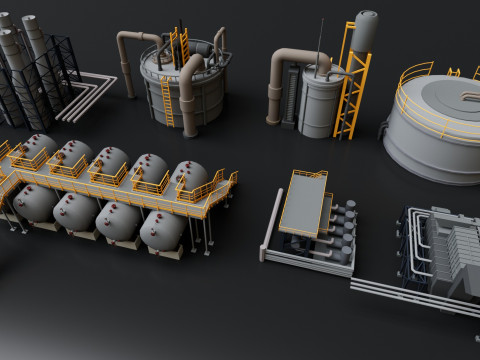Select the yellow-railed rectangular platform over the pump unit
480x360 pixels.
point(305,200)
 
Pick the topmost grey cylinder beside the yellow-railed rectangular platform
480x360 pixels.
point(349,207)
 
